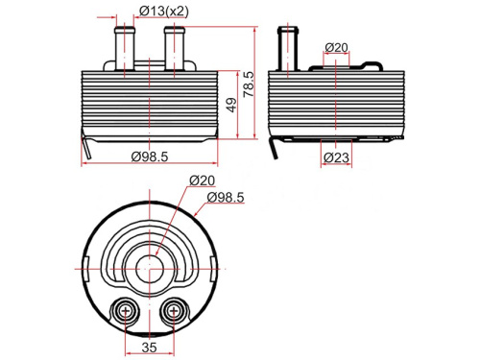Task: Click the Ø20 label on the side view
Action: tap(336, 47)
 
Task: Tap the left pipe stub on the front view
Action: tap(123, 46)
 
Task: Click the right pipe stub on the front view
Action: tap(174, 46)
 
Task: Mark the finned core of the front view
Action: tap(148, 104)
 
